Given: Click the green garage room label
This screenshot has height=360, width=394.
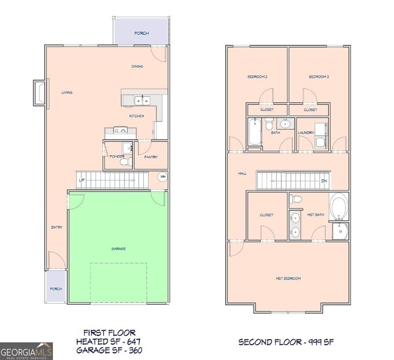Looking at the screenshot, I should tap(119, 249).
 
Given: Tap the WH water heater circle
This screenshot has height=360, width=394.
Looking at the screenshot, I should tap(162, 177).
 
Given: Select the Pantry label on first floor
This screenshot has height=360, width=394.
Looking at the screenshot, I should tap(151, 158).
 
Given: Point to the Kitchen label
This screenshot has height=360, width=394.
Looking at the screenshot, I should tap(137, 117).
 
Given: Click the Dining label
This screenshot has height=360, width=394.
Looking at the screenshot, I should tap(137, 67).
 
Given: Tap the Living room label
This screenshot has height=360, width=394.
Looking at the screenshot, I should tap(67, 92).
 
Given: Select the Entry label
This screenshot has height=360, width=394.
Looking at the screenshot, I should tap(57, 228).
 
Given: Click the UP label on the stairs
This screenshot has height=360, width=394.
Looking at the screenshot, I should tap(82, 180).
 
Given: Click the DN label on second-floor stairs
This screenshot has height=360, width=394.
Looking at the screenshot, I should tap(324, 181).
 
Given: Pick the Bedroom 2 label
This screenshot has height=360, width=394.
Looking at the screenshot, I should tap(258, 77).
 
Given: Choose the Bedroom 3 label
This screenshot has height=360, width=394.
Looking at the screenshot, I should tap(319, 77).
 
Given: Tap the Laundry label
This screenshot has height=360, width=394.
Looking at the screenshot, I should tap(305, 133).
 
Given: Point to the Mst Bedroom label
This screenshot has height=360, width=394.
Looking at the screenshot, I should tap(288, 279).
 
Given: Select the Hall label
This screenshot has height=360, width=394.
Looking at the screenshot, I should tap(242, 174).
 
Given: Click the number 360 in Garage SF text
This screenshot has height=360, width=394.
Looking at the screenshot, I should tap(135, 350).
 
